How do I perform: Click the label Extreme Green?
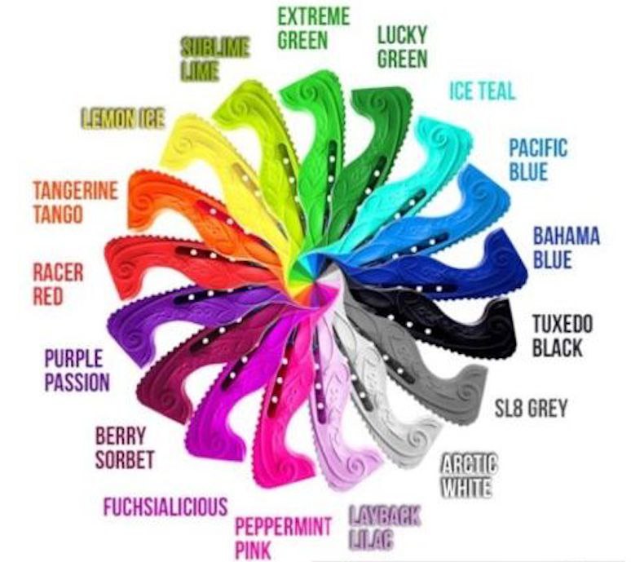pyautogui.click(x=314, y=29)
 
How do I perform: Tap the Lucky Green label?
pyautogui.click(x=402, y=46)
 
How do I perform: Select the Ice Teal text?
pyautogui.click(x=482, y=91)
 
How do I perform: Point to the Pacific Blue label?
pyautogui.click(x=538, y=160)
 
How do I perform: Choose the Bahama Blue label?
pyautogui.click(x=567, y=248)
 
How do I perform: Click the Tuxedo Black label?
pyautogui.click(x=563, y=336)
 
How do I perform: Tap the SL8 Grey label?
pyautogui.click(x=531, y=408)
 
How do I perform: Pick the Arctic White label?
pyautogui.click(x=470, y=476)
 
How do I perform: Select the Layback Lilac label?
pyautogui.click(x=384, y=528)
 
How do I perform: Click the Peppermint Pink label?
pyautogui.click(x=283, y=538)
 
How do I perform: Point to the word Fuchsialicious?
pyautogui.click(x=165, y=507)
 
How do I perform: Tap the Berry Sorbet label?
pyautogui.click(x=125, y=448)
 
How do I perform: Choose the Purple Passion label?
pyautogui.click(x=77, y=370)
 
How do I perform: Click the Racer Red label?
pyautogui.click(x=58, y=284)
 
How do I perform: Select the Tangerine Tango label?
pyautogui.click(x=75, y=201)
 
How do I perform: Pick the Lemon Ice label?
pyautogui.click(x=123, y=119)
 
